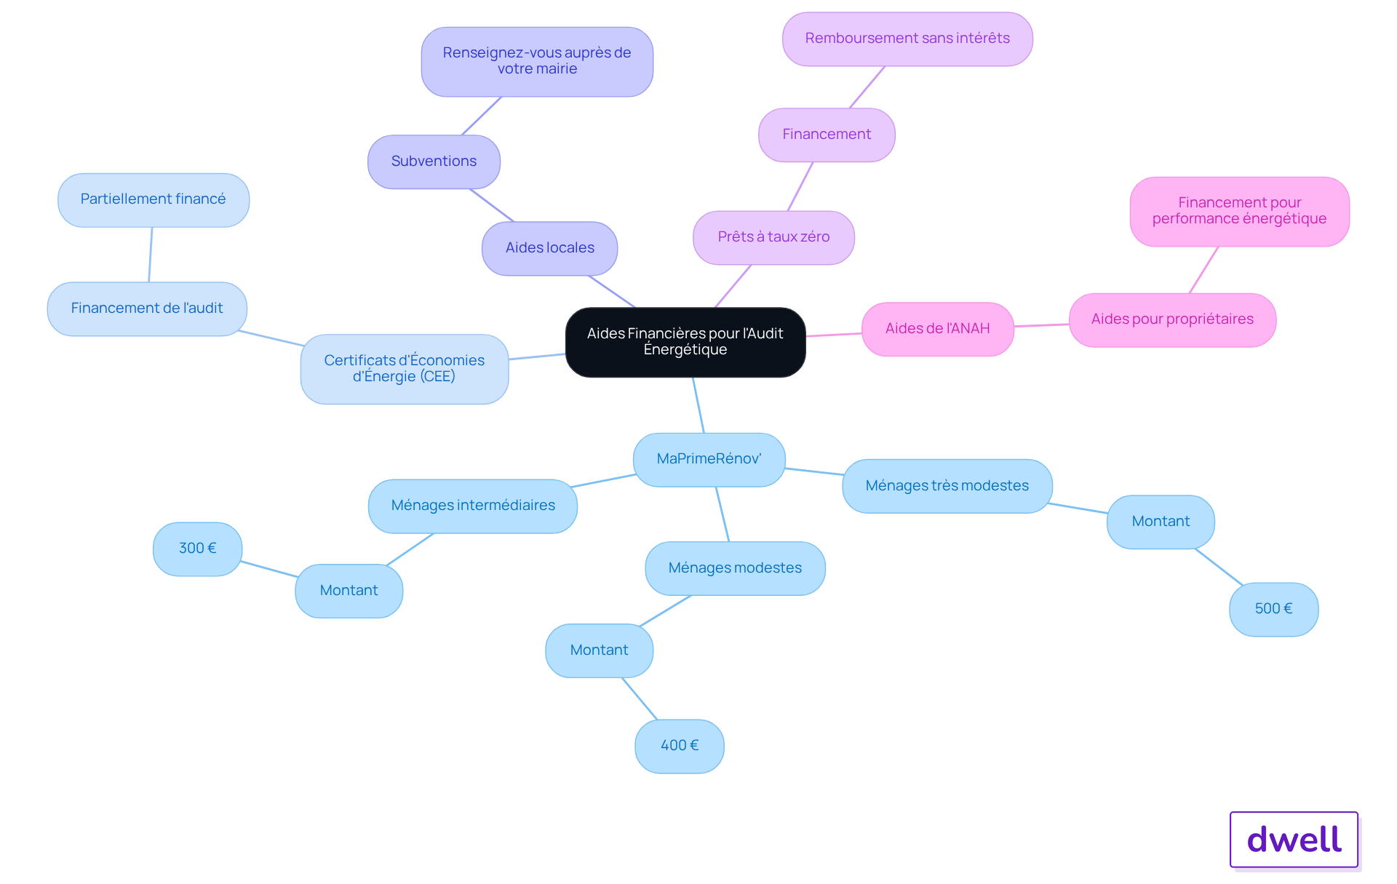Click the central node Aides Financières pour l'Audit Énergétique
[x=685, y=342]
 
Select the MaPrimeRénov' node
[x=709, y=460]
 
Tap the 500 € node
[x=1274, y=609]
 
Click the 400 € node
[x=680, y=746]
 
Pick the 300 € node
[x=198, y=549]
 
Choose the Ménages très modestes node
[x=947, y=486]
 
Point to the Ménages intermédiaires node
[x=473, y=506]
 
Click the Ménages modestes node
[x=736, y=568]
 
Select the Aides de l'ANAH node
[x=938, y=329]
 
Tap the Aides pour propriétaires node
[x=1173, y=320]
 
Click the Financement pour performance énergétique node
[x=1240, y=212]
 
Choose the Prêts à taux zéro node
[x=774, y=238]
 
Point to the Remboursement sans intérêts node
[x=908, y=39]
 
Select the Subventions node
[x=434, y=162]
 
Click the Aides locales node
[x=550, y=249]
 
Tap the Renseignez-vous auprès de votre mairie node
[x=538, y=62]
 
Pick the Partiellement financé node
[x=154, y=200]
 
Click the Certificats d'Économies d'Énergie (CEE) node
[x=405, y=369]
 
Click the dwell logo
[x=1294, y=840]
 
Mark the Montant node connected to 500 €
[x=1161, y=522]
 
